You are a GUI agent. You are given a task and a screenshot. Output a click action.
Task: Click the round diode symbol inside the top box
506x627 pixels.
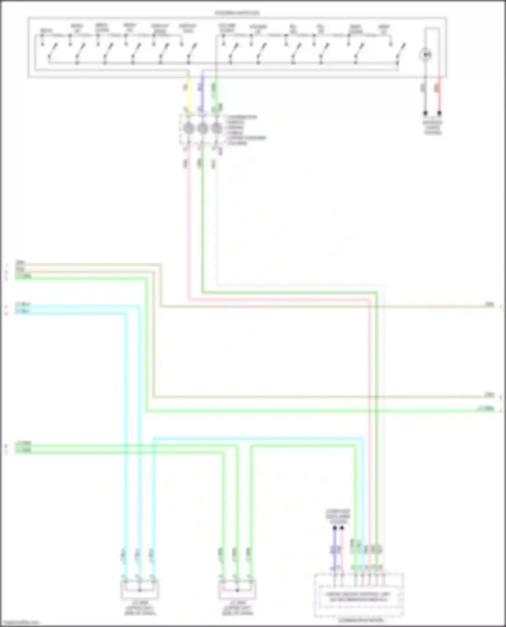(x=426, y=55)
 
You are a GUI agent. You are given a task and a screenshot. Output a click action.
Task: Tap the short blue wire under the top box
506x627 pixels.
(x=202, y=94)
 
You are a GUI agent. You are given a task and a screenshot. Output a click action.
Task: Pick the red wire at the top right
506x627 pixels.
(x=439, y=96)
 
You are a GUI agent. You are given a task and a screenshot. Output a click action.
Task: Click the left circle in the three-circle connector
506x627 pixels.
(x=189, y=128)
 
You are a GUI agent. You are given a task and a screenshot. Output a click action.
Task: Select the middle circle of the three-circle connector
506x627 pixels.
(x=202, y=128)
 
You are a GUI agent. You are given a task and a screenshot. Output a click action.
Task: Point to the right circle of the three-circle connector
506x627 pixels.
(x=216, y=128)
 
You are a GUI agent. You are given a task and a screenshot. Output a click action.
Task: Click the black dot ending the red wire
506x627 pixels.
(x=439, y=114)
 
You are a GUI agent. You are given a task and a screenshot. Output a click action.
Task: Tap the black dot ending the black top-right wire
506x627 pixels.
(x=425, y=114)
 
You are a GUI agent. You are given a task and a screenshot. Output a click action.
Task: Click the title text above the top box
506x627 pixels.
(x=237, y=13)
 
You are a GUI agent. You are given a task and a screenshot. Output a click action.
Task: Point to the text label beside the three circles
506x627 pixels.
(x=246, y=130)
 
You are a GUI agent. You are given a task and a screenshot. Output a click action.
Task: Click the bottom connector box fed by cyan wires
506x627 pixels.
(x=140, y=589)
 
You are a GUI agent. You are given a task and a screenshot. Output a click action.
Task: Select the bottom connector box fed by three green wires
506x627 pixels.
(x=237, y=589)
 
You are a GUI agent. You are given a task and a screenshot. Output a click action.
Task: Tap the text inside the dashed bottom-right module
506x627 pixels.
(x=358, y=597)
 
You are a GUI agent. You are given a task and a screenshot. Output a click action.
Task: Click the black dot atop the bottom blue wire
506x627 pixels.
(x=335, y=528)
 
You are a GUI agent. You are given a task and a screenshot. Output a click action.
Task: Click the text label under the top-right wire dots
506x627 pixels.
(x=433, y=127)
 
